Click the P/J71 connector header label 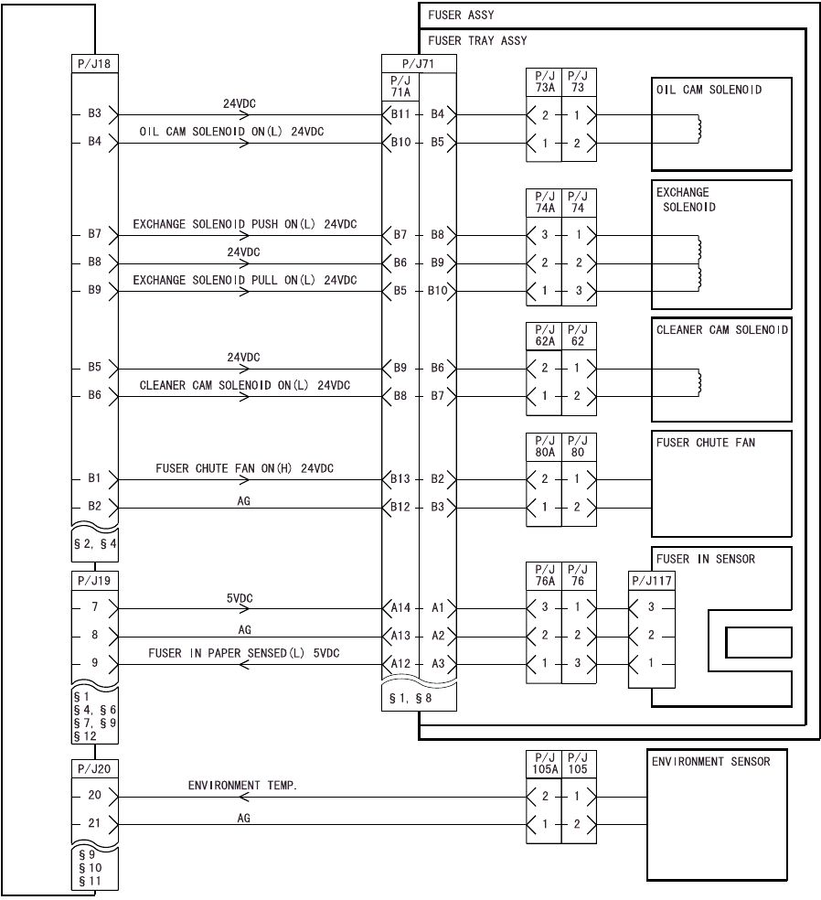(x=419, y=64)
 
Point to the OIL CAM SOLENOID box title (x=709, y=90)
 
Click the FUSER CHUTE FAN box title (x=706, y=443)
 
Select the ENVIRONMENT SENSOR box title (x=710, y=761)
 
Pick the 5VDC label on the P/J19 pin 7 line (x=240, y=598)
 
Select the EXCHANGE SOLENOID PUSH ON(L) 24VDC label (x=244, y=224)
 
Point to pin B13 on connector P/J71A (x=400, y=478)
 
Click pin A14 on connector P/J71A (x=400, y=607)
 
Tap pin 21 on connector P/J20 (x=95, y=823)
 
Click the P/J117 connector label (x=650, y=581)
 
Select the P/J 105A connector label (x=544, y=764)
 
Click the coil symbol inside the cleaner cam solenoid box (x=699, y=382)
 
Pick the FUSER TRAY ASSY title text (x=477, y=40)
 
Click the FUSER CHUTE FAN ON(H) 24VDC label (x=244, y=468)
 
